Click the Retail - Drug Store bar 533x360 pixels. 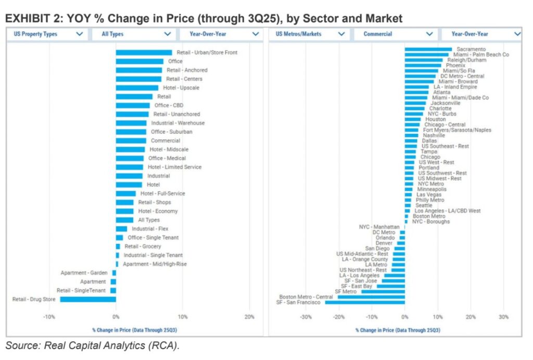tap(87, 299)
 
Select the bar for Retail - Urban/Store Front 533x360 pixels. tap(144, 53)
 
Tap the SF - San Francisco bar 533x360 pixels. tap(365, 302)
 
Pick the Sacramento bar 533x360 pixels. tap(428, 49)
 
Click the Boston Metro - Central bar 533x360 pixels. tap(371, 297)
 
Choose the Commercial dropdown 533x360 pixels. tap(397, 34)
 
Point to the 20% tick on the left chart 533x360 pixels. tap(249, 317)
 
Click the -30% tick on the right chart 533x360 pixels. tap(306, 317)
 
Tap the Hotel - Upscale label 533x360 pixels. tap(181, 88)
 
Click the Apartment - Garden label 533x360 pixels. tap(84, 272)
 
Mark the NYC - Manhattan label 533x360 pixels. tap(379, 227)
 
